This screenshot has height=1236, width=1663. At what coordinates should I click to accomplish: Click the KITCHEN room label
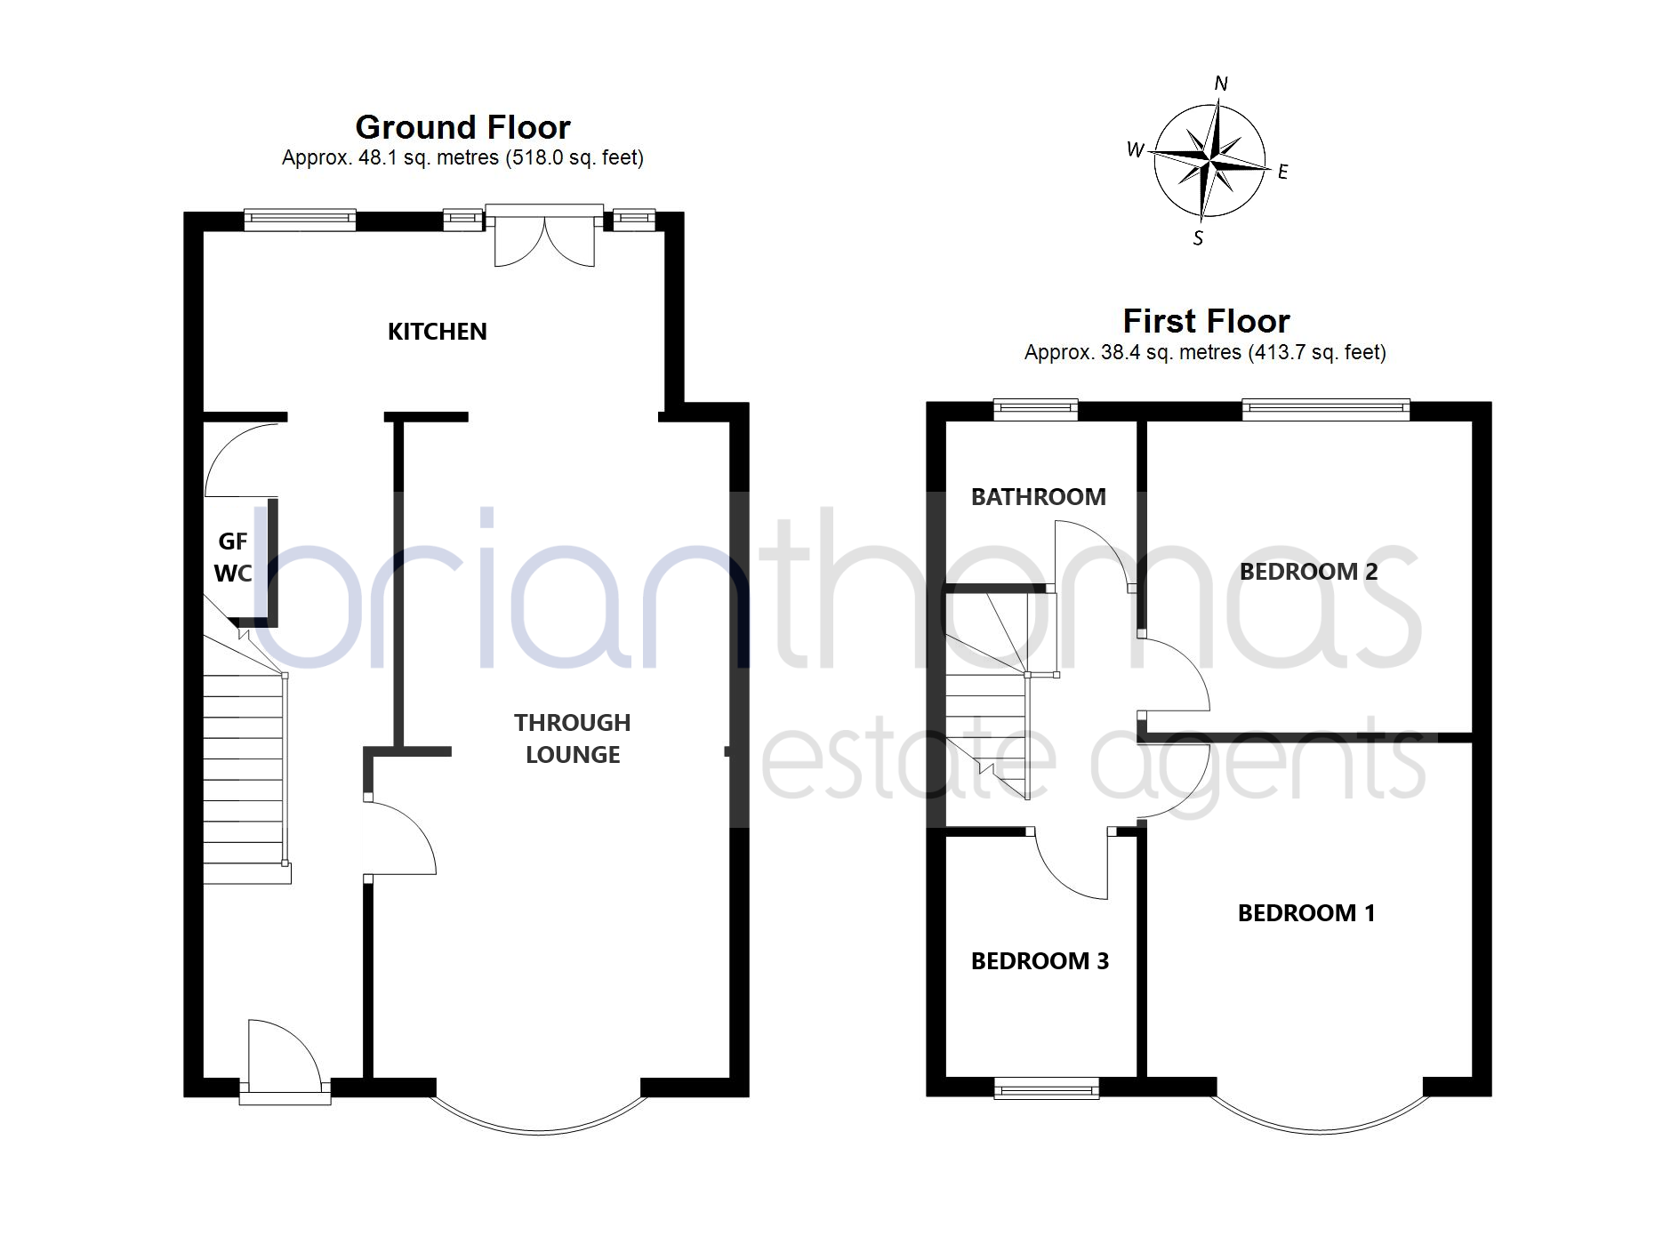[x=437, y=332]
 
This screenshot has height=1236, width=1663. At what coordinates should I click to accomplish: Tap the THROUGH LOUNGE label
[x=573, y=738]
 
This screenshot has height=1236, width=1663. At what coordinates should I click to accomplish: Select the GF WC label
[x=233, y=558]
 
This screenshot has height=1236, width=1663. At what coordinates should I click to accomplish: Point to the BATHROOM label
[x=1038, y=497]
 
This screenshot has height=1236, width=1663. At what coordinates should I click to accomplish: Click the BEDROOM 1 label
[x=1306, y=913]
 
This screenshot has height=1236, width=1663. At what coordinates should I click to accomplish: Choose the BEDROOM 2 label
[x=1308, y=572]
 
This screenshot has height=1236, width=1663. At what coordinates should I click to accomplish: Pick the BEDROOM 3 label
[x=1040, y=961]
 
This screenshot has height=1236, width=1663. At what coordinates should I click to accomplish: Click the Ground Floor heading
[x=462, y=128]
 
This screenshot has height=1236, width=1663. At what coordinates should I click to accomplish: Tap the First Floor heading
[x=1206, y=321]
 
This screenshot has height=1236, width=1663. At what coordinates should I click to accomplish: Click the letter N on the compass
[x=1221, y=84]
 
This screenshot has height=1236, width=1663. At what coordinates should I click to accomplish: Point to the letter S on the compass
[x=1198, y=238]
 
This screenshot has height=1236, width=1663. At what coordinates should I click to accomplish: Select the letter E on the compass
[x=1282, y=173]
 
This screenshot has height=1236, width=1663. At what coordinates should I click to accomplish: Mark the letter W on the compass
[x=1136, y=149]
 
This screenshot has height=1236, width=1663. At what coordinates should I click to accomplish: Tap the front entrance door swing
[x=283, y=1055]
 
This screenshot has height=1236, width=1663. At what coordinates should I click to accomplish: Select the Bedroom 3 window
[x=1046, y=1088]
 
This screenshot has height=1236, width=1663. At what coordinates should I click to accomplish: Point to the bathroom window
[x=1035, y=409]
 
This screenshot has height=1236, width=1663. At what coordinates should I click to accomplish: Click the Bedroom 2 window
[x=1326, y=409]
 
